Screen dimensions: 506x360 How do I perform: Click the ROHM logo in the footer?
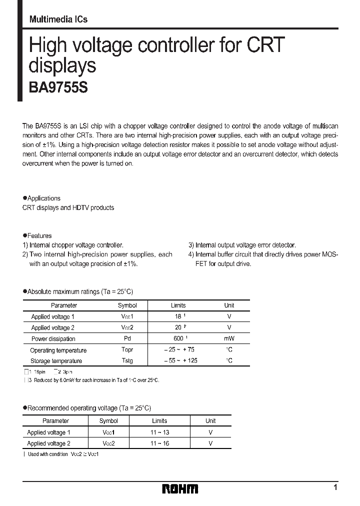[180, 488]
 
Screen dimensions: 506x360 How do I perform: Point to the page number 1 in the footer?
[335, 487]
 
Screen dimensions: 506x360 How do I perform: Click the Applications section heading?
[43, 198]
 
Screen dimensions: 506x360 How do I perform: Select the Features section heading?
[39, 235]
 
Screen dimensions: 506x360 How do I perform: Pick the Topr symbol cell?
[127, 350]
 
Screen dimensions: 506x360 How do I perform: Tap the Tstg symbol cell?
[127, 360]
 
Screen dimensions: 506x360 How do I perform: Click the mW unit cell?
[229, 338]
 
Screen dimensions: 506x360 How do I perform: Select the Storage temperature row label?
[56, 360]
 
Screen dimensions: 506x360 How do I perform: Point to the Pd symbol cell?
[127, 338]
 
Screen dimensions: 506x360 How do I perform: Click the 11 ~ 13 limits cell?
[159, 432]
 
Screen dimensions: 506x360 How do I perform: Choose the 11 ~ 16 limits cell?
[159, 443]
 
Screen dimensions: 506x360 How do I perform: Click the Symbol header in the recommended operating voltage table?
[108, 421]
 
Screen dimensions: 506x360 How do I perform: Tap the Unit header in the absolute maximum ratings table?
[229, 305]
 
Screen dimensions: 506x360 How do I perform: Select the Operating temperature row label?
[58, 350]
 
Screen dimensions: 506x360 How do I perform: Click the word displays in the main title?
[62, 66]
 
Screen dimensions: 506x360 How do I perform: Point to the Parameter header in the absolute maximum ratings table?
[64, 305]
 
